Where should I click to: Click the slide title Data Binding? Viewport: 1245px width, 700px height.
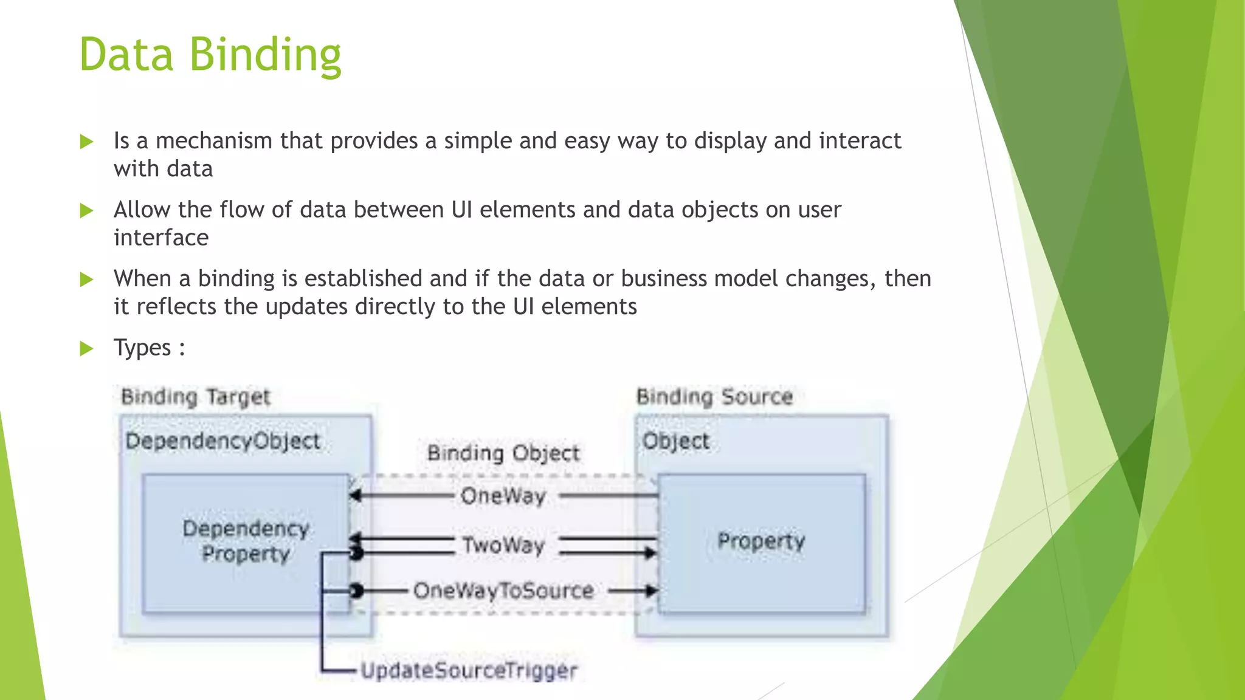click(x=210, y=55)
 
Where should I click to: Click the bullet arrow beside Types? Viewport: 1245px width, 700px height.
click(x=87, y=349)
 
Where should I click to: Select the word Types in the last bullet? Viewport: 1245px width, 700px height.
click(x=142, y=348)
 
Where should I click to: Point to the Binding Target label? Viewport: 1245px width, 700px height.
click(x=195, y=397)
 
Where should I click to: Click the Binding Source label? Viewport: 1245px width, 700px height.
click(x=714, y=397)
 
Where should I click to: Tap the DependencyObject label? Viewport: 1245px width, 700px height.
click(x=222, y=441)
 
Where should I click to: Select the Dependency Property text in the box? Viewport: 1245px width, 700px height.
click(x=246, y=541)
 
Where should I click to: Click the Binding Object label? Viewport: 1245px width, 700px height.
click(x=503, y=453)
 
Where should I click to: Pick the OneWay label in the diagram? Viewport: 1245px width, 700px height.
click(x=503, y=496)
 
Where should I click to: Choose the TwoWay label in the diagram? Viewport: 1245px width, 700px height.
click(x=503, y=545)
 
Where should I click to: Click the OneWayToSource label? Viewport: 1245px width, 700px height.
click(x=503, y=591)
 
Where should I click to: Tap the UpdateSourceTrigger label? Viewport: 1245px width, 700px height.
click(x=469, y=671)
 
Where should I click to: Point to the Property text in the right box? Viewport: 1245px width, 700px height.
click(x=761, y=540)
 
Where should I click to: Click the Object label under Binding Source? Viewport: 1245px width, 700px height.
click(x=675, y=441)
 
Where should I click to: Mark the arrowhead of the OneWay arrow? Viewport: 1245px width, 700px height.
click(x=356, y=496)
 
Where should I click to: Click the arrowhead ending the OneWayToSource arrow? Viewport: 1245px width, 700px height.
click(x=652, y=591)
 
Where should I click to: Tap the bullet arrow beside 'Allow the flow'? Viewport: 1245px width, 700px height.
click(x=87, y=211)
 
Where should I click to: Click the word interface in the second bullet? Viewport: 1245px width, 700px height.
click(x=161, y=238)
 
